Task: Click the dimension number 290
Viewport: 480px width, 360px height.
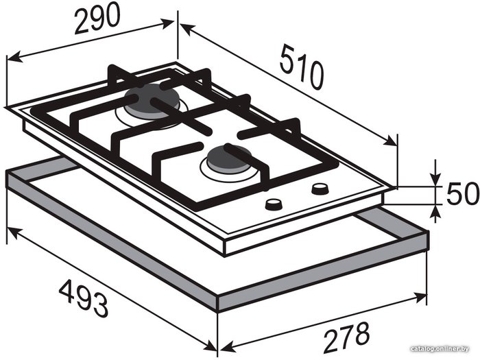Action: pos(97,19)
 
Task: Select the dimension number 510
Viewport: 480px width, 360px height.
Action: pos(301,67)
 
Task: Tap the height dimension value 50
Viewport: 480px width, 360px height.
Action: pos(463,193)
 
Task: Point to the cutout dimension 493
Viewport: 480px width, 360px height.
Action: pos(83,300)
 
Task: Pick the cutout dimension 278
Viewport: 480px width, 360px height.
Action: pos(346,336)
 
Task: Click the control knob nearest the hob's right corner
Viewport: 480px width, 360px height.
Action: pos(320,189)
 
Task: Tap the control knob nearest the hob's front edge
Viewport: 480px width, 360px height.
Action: pos(274,204)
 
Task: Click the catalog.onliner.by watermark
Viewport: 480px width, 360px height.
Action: pos(440,348)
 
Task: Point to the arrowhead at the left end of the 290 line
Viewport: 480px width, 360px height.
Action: pos(14,57)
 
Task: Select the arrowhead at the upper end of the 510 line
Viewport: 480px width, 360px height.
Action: pos(187,29)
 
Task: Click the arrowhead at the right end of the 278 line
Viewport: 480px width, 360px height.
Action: pos(419,297)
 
